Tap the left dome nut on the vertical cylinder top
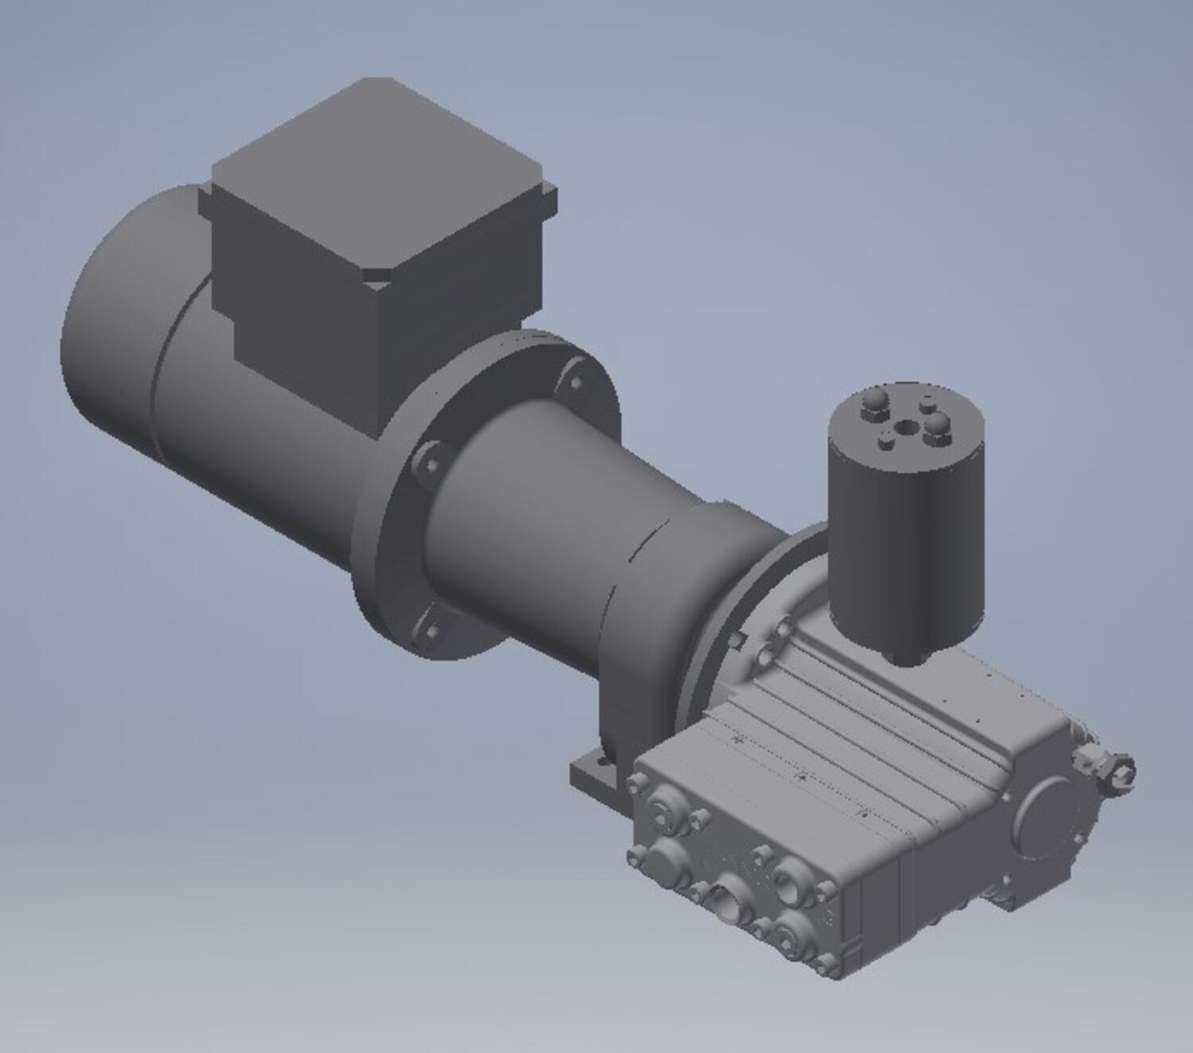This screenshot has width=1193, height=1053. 872,401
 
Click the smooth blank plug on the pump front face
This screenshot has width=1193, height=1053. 664,862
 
